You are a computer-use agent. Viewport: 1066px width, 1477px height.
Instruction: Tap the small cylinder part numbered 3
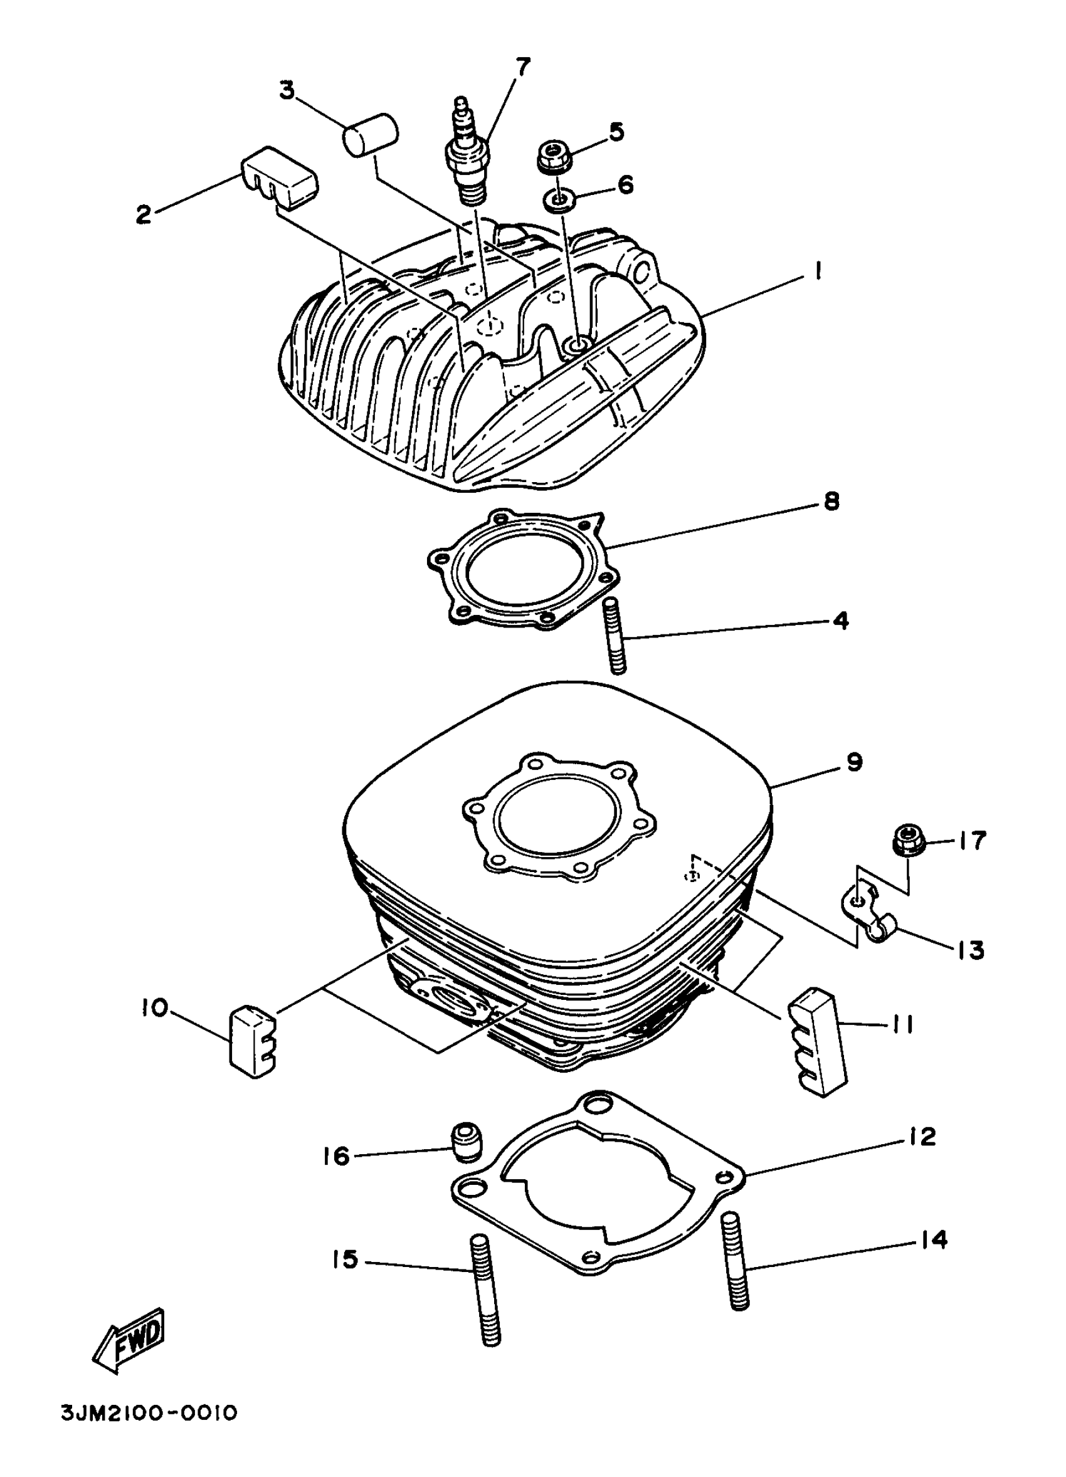click(371, 135)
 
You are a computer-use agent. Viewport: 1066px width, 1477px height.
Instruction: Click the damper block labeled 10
click(252, 1041)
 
